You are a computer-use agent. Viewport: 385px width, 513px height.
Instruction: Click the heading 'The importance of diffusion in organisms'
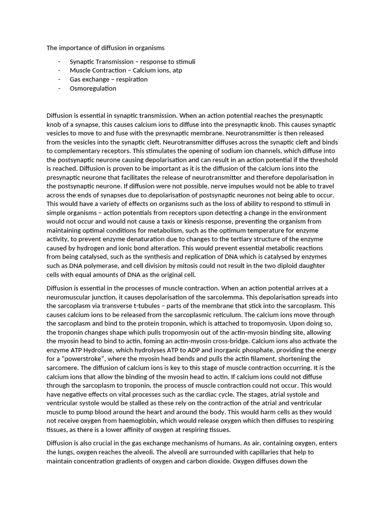point(105,48)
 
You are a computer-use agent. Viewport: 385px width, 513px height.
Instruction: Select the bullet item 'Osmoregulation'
point(93,88)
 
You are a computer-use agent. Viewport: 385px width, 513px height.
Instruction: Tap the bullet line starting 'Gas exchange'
point(109,79)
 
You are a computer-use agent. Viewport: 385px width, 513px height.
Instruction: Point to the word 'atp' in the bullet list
point(177,70)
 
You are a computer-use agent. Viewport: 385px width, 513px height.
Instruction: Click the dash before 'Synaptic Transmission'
point(59,62)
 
